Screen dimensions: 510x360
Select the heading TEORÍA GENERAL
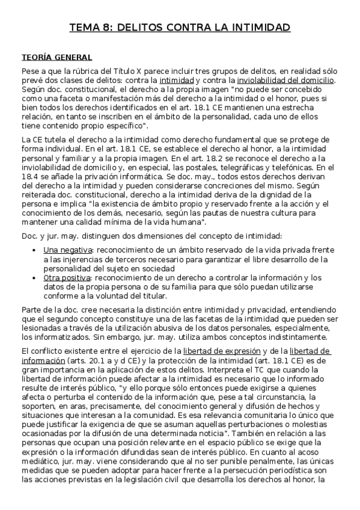[56, 57]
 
